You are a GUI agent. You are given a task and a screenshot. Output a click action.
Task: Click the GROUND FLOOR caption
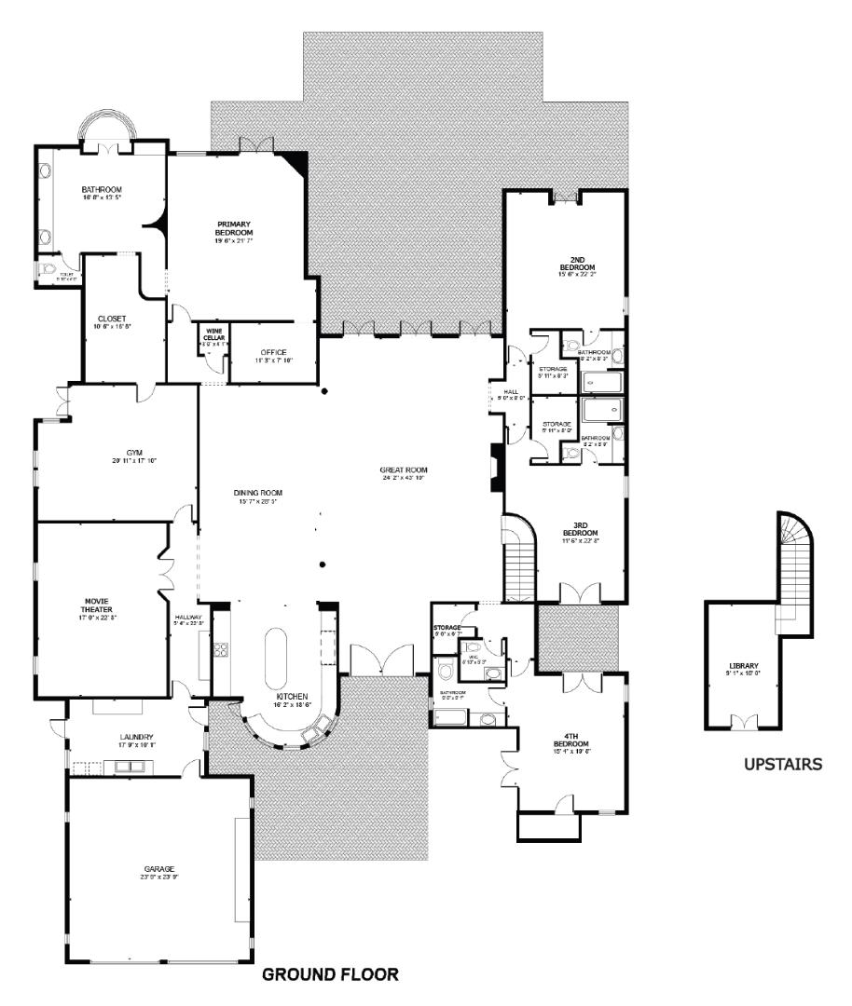tap(330, 975)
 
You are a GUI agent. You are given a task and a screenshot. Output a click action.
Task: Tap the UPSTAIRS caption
tap(782, 765)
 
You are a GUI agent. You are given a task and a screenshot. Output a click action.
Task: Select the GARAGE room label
tap(158, 869)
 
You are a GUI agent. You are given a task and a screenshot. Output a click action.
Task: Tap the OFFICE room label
tap(274, 352)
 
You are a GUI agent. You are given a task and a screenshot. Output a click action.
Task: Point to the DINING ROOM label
tap(257, 493)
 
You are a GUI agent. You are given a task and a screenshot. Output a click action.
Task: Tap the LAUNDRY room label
tap(135, 737)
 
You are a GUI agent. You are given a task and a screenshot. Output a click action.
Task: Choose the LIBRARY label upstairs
tap(744, 665)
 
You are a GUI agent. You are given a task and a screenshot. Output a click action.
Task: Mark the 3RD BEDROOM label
tap(579, 534)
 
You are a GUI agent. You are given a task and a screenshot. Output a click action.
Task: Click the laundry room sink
tap(129, 768)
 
